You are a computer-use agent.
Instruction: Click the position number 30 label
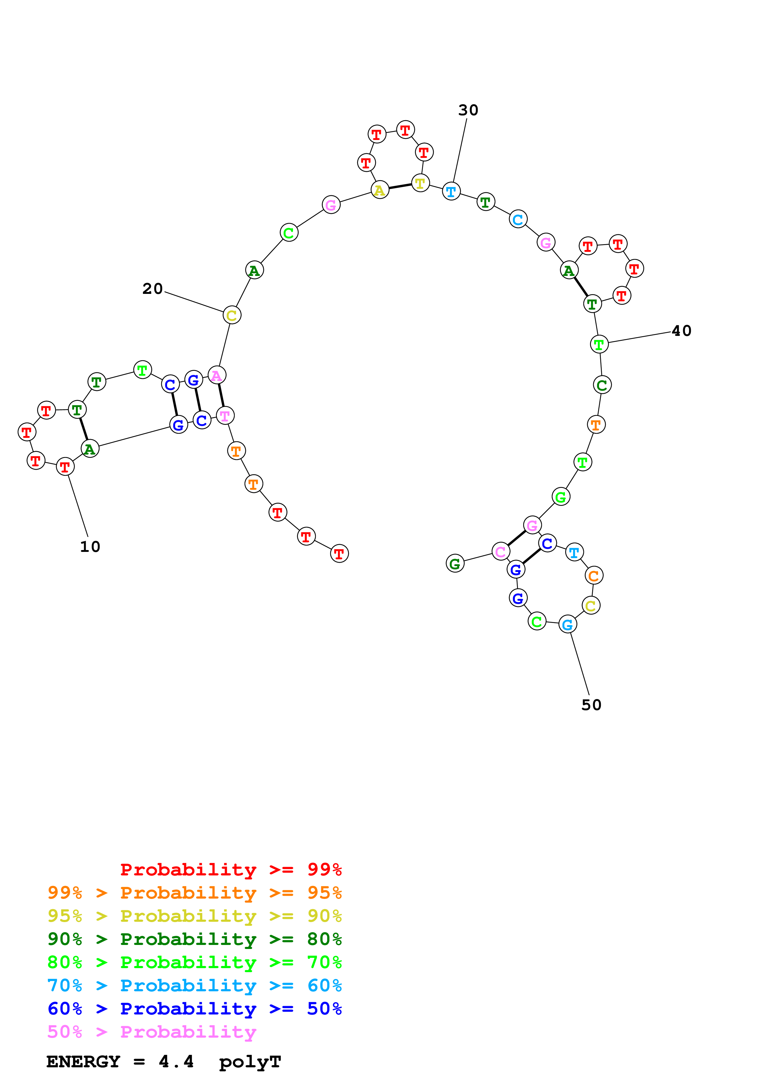[468, 110]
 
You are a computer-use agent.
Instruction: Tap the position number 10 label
[90, 547]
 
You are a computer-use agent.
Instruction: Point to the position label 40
[682, 331]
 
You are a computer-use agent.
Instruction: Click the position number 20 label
[152, 289]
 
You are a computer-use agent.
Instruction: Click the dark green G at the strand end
[455, 563]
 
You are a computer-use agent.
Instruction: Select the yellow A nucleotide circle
[380, 190]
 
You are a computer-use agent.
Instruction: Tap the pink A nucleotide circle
[217, 375]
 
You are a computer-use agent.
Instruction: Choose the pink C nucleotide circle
[501, 552]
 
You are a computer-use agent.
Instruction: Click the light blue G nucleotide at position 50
[567, 624]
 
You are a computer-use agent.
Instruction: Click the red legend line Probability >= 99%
[231, 870]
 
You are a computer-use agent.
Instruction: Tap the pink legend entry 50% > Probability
[152, 1031]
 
